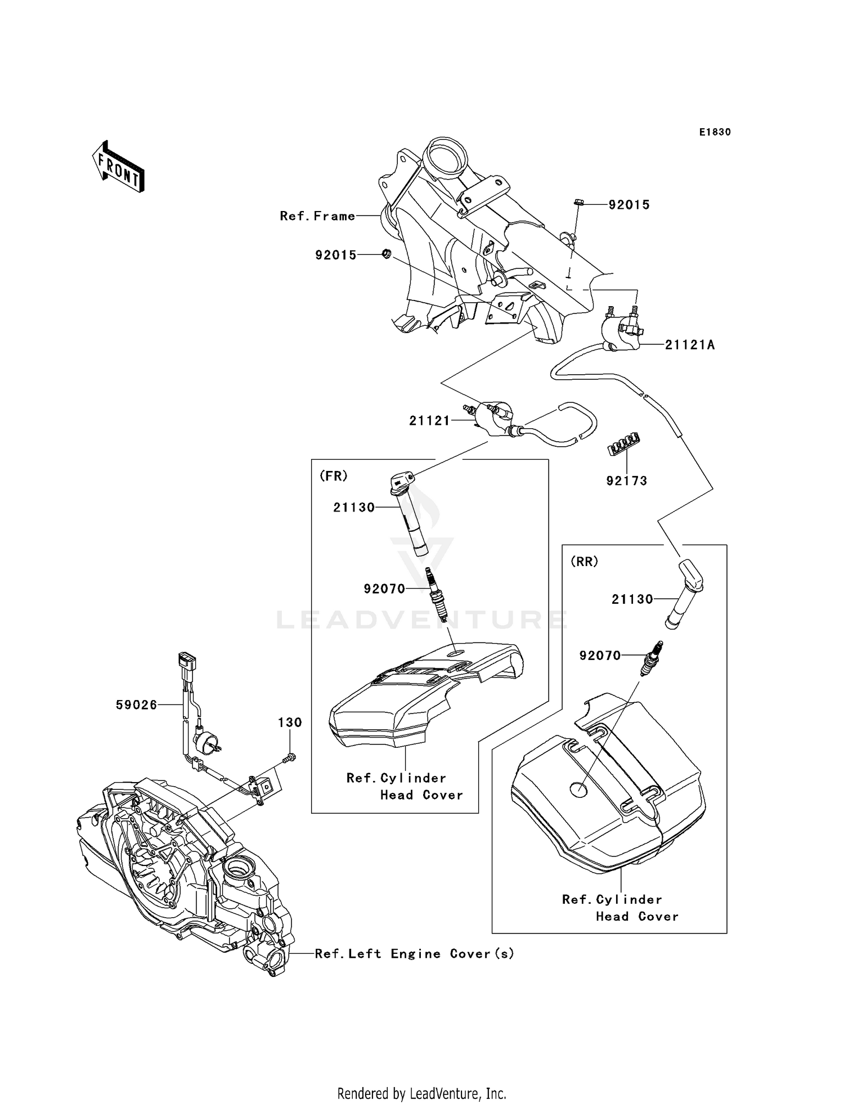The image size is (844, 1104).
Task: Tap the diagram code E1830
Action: (x=715, y=132)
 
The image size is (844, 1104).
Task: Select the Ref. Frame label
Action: (x=317, y=216)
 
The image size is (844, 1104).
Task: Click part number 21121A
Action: (x=690, y=345)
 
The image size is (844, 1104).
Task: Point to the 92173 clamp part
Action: (x=624, y=444)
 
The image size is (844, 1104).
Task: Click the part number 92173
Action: (x=626, y=481)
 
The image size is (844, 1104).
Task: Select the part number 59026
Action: (x=136, y=705)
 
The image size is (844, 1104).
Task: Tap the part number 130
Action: (x=290, y=722)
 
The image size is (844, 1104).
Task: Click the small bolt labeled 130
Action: (x=289, y=758)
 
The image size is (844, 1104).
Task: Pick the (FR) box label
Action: (x=334, y=476)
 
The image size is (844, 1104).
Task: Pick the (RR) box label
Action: (x=584, y=562)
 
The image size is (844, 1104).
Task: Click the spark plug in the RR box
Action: (x=652, y=658)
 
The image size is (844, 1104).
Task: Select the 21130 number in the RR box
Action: (x=632, y=600)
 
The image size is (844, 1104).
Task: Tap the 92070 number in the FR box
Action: (x=384, y=589)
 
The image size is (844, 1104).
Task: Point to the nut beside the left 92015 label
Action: (x=386, y=254)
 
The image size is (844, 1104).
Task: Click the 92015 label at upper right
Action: (x=628, y=205)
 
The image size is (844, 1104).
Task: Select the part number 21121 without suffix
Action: (x=429, y=421)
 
